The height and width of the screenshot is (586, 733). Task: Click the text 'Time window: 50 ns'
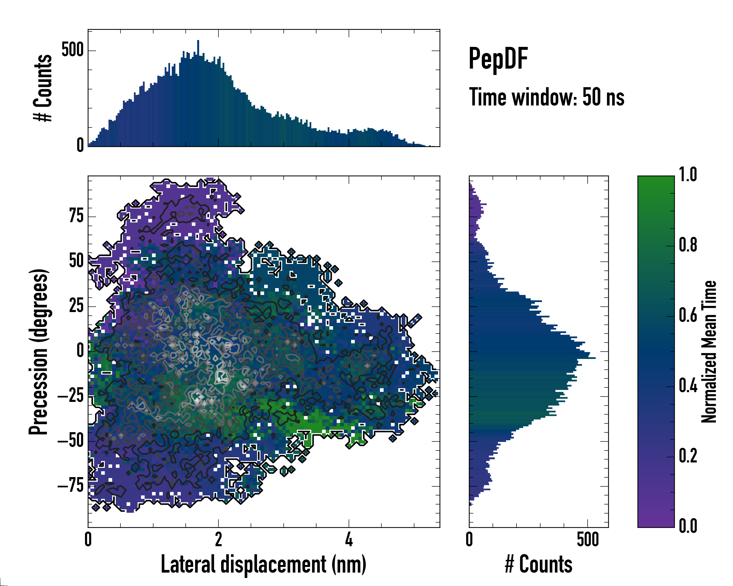pos(546,97)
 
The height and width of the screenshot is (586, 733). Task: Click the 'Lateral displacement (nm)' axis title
pos(263,564)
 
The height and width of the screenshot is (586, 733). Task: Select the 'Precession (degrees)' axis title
pos(38,352)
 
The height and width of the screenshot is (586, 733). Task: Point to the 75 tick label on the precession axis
pos(76,216)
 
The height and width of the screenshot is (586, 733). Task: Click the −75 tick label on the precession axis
pos(71,486)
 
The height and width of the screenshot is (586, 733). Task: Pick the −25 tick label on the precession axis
pos(71,396)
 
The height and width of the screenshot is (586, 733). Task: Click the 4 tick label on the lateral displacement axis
pos(349,539)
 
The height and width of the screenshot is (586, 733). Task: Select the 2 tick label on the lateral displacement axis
pos(218,539)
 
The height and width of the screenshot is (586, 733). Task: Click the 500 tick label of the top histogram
pos(72,50)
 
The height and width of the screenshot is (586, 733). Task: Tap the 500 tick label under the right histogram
pos(588,539)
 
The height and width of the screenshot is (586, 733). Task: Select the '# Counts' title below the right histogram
pos(539,564)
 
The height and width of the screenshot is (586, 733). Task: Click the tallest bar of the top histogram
pos(198,94)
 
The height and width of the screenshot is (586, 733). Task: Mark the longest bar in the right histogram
pos(532,358)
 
